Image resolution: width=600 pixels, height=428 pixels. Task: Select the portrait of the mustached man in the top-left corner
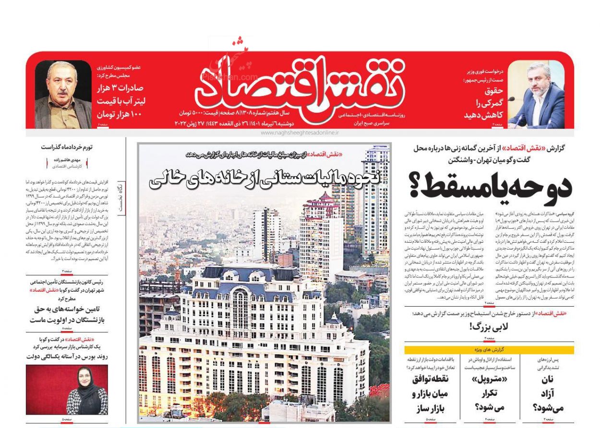click(63, 95)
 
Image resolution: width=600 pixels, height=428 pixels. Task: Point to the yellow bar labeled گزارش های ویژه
click(489, 350)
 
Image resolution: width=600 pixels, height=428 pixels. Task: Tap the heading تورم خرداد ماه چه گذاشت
click(73, 147)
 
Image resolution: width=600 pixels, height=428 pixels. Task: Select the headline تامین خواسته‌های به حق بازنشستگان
click(67, 315)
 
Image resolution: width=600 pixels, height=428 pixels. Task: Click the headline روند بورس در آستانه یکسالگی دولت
click(67, 356)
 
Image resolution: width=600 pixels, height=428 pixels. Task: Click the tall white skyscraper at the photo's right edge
click(376, 202)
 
